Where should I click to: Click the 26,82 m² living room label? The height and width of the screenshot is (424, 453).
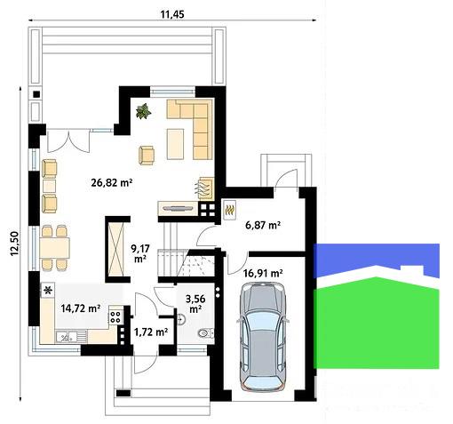(x=112, y=182)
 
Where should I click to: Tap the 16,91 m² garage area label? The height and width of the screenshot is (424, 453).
(x=263, y=273)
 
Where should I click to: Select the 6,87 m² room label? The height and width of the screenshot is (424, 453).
(x=263, y=225)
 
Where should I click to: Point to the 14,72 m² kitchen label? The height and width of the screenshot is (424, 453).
(x=81, y=308)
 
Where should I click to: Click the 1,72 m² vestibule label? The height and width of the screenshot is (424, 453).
(x=151, y=332)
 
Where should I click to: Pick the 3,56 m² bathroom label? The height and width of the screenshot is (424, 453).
(x=195, y=303)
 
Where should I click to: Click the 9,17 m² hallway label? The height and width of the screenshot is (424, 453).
(x=140, y=253)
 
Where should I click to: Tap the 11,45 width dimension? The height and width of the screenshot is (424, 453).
(x=172, y=14)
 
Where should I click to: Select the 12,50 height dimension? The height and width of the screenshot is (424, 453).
(x=14, y=244)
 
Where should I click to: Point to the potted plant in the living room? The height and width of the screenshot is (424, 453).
(x=144, y=111)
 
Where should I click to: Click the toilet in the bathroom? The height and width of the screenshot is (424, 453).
(x=205, y=333)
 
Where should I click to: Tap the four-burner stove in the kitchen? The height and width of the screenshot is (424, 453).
(x=115, y=316)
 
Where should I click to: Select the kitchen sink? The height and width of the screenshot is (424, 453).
(x=71, y=337)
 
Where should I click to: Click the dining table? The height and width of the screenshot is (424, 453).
(x=55, y=248)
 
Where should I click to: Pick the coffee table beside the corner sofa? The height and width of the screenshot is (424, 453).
(x=175, y=144)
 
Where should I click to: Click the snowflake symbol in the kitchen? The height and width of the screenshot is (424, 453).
(x=48, y=290)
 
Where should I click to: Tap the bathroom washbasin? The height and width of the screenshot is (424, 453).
(x=181, y=318)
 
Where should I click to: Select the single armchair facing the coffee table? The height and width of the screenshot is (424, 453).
(x=147, y=155)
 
